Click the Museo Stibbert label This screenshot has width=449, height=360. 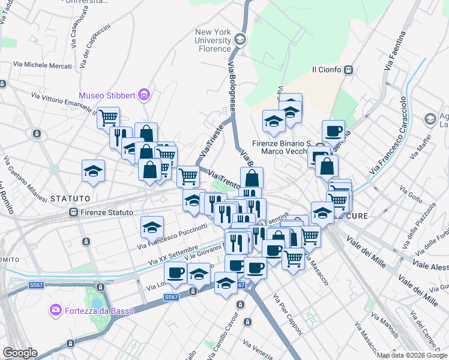(x=107, y=95)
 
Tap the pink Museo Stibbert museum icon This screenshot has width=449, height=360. (x=143, y=95)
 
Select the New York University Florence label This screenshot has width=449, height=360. (x=213, y=40)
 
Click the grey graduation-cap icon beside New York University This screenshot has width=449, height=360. (x=240, y=40)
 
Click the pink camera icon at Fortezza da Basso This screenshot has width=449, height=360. (x=56, y=310)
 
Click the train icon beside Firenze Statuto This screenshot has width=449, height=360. (x=74, y=212)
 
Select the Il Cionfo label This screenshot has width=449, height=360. (x=327, y=70)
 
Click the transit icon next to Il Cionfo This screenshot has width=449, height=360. (x=348, y=70)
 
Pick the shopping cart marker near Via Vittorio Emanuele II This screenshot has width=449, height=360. (x=108, y=118)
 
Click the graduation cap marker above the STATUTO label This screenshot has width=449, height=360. (x=93, y=171)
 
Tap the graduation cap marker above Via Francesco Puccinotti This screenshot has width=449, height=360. (x=152, y=227)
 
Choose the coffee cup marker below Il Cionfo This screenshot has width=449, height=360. (x=333, y=131)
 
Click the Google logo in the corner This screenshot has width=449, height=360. (x=20, y=353)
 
